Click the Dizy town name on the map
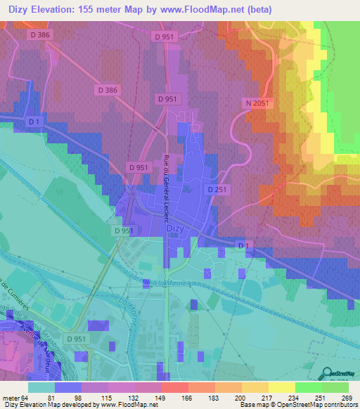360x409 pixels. [x=176, y=228]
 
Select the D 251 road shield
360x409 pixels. [x=217, y=190]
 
